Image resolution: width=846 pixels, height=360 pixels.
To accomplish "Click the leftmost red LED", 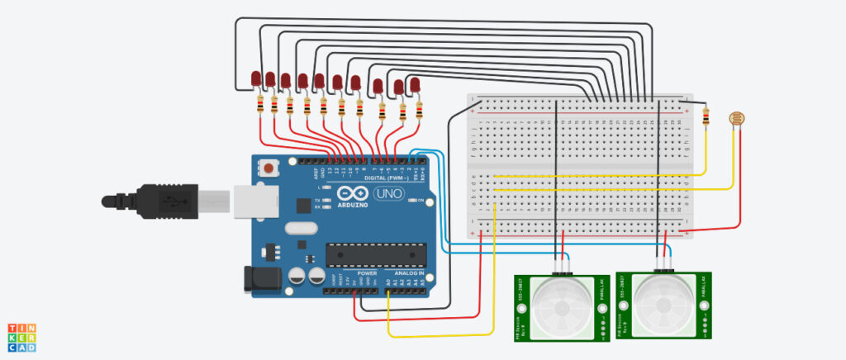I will click(x=256, y=78).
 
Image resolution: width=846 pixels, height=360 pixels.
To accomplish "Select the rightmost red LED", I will click(x=415, y=84).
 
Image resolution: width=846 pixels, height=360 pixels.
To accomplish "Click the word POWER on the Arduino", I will click(x=367, y=272).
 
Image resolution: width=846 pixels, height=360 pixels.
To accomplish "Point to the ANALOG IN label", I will click(x=409, y=272).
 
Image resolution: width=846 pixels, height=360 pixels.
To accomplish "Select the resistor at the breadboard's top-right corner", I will click(x=705, y=117).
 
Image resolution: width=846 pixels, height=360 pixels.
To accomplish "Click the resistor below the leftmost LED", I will click(x=261, y=104).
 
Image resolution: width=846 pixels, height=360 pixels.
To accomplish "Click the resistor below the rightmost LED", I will click(x=419, y=110).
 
